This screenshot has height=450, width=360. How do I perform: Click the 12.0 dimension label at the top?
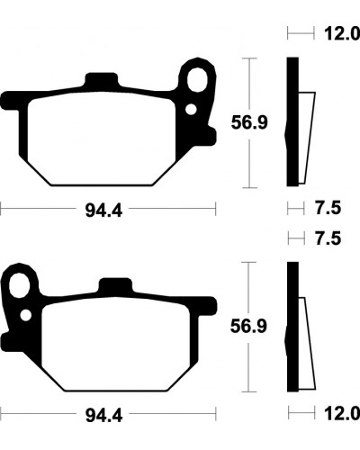(342, 33)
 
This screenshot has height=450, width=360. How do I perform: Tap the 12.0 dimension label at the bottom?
(342, 414)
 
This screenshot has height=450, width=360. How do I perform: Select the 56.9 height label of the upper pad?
(249, 122)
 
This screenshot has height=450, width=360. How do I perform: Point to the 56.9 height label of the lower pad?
(248, 327)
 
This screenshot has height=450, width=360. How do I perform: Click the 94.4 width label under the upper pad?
(103, 210)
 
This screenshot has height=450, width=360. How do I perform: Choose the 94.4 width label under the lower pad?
(103, 416)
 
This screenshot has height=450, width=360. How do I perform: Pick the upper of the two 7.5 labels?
(328, 208)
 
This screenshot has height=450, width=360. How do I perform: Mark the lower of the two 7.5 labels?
(328, 238)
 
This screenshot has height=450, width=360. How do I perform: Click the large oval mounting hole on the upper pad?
(197, 80)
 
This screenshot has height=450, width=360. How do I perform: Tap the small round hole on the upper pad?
(191, 110)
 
